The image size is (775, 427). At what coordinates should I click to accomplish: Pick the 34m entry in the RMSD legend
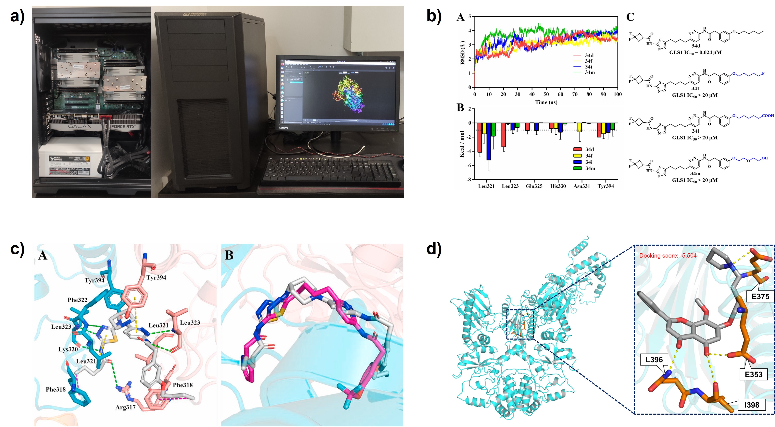590,73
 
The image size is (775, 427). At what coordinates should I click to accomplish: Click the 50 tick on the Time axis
546,94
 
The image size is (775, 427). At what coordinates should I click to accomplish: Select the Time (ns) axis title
546,102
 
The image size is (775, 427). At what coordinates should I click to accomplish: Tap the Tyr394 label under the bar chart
605,186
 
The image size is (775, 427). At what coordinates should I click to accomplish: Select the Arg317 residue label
125,407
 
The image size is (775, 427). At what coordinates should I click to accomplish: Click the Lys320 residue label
68,349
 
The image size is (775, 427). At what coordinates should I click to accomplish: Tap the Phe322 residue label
77,300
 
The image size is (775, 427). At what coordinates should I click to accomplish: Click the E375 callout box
760,297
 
